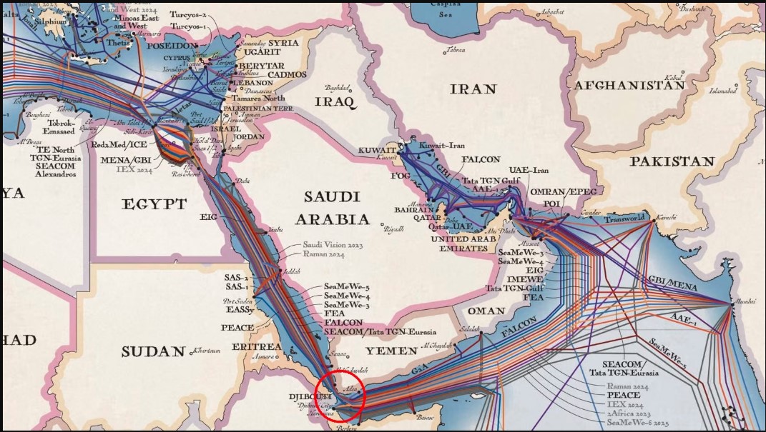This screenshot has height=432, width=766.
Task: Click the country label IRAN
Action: coord(473,89)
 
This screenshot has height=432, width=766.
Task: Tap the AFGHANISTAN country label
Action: coord(629,85)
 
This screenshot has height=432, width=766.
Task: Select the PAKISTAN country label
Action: coord(672,161)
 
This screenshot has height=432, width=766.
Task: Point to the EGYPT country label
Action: coord(154,204)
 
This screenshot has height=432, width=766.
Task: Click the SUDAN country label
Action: coord(153,351)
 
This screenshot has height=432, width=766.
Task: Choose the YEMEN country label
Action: coord(391,351)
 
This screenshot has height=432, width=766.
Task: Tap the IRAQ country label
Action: coord(335,102)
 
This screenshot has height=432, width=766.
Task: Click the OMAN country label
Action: coord(486,311)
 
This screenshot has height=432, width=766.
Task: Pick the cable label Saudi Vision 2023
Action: coord(333,244)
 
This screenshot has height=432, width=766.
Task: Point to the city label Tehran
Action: coord(456,50)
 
